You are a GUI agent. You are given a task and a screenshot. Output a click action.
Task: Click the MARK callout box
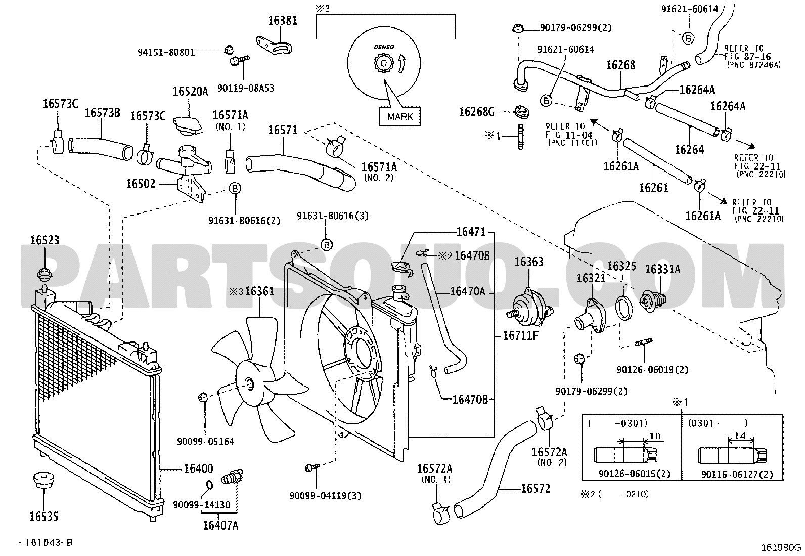(399, 116)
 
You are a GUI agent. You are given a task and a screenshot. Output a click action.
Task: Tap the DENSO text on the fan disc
(384, 47)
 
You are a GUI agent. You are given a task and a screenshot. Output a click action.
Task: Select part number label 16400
(198, 468)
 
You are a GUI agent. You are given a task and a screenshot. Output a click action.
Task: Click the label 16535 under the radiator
(44, 517)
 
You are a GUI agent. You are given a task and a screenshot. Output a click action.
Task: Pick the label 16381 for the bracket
(283, 21)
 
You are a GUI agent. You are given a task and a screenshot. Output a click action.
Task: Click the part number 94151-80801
(166, 53)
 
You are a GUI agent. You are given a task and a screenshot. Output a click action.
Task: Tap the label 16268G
(476, 112)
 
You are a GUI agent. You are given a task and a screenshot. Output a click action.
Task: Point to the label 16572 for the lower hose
(535, 488)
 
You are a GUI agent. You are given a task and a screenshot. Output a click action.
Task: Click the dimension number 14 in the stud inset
(740, 436)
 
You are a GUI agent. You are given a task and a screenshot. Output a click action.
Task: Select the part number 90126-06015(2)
(635, 474)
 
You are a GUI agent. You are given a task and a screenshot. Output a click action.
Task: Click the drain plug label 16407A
(220, 526)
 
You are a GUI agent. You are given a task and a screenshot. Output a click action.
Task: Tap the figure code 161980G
(781, 548)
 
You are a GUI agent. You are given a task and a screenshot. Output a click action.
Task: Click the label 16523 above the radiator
(44, 240)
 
